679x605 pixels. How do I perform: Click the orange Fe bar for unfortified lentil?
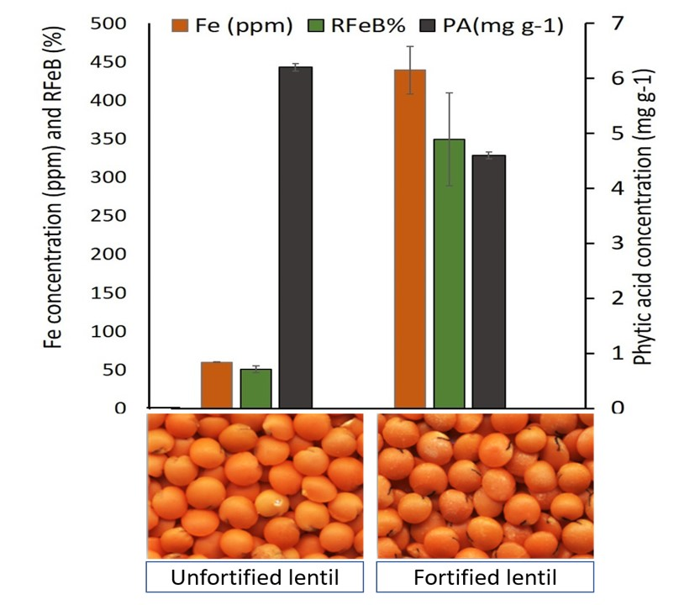click(217, 385)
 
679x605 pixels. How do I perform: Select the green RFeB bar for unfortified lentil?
click(255, 388)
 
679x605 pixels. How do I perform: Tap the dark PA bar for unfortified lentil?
click(295, 237)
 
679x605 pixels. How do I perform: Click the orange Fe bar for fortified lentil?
click(410, 239)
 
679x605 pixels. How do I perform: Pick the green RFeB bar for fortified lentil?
click(449, 273)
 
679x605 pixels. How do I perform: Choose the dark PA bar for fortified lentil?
click(488, 281)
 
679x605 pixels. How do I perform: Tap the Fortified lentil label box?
click(484, 578)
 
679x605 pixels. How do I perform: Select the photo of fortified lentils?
click(484, 486)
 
